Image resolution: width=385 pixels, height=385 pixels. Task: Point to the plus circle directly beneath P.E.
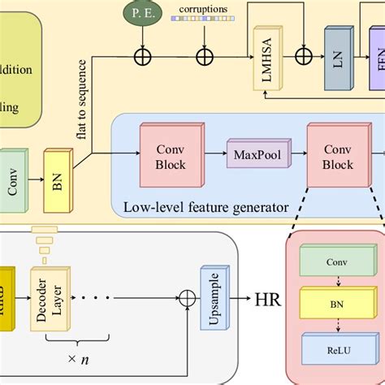(144, 56)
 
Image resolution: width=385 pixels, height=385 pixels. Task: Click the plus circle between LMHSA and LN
(303, 56)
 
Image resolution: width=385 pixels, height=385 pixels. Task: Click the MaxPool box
(252, 153)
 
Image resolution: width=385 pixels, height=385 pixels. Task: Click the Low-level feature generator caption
(205, 207)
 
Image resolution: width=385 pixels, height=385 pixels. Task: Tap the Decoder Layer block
(46, 300)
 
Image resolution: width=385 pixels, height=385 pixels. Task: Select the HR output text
(267, 299)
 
